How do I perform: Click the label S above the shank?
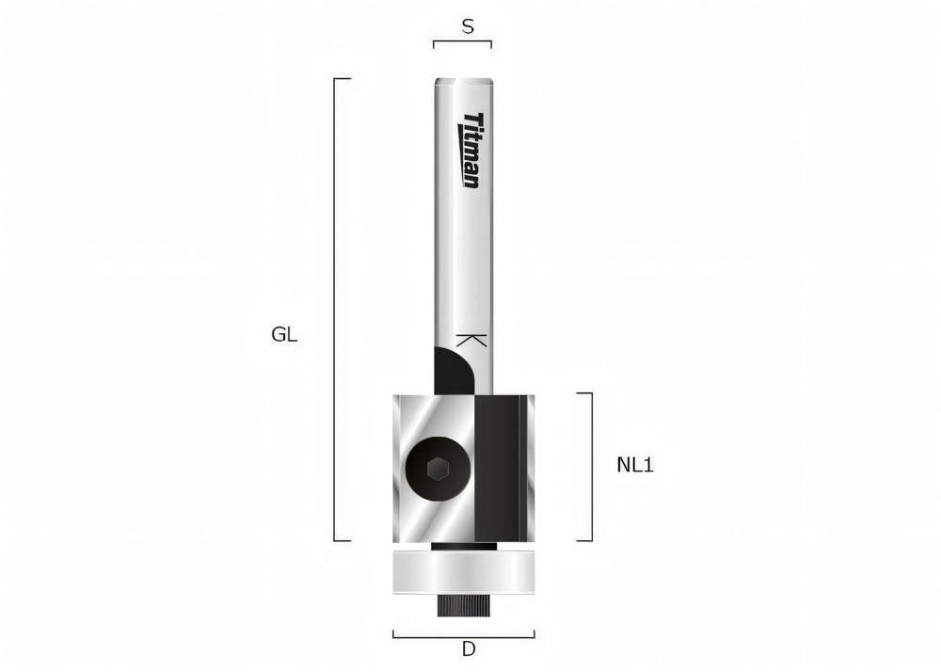[x=467, y=27]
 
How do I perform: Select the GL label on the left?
[x=284, y=334]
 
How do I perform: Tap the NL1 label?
[x=635, y=464]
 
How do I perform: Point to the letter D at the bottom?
[x=468, y=649]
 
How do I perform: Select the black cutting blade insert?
[x=500, y=467]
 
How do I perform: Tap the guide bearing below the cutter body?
[x=462, y=573]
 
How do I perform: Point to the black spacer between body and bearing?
[x=462, y=545]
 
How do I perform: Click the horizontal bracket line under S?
[x=462, y=41]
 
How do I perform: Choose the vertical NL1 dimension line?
[x=592, y=467]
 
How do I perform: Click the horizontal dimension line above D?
[x=463, y=636]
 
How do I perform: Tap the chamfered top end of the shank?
[x=463, y=82]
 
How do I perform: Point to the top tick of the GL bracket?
[x=343, y=79]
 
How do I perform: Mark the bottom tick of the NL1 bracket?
[x=584, y=541]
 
